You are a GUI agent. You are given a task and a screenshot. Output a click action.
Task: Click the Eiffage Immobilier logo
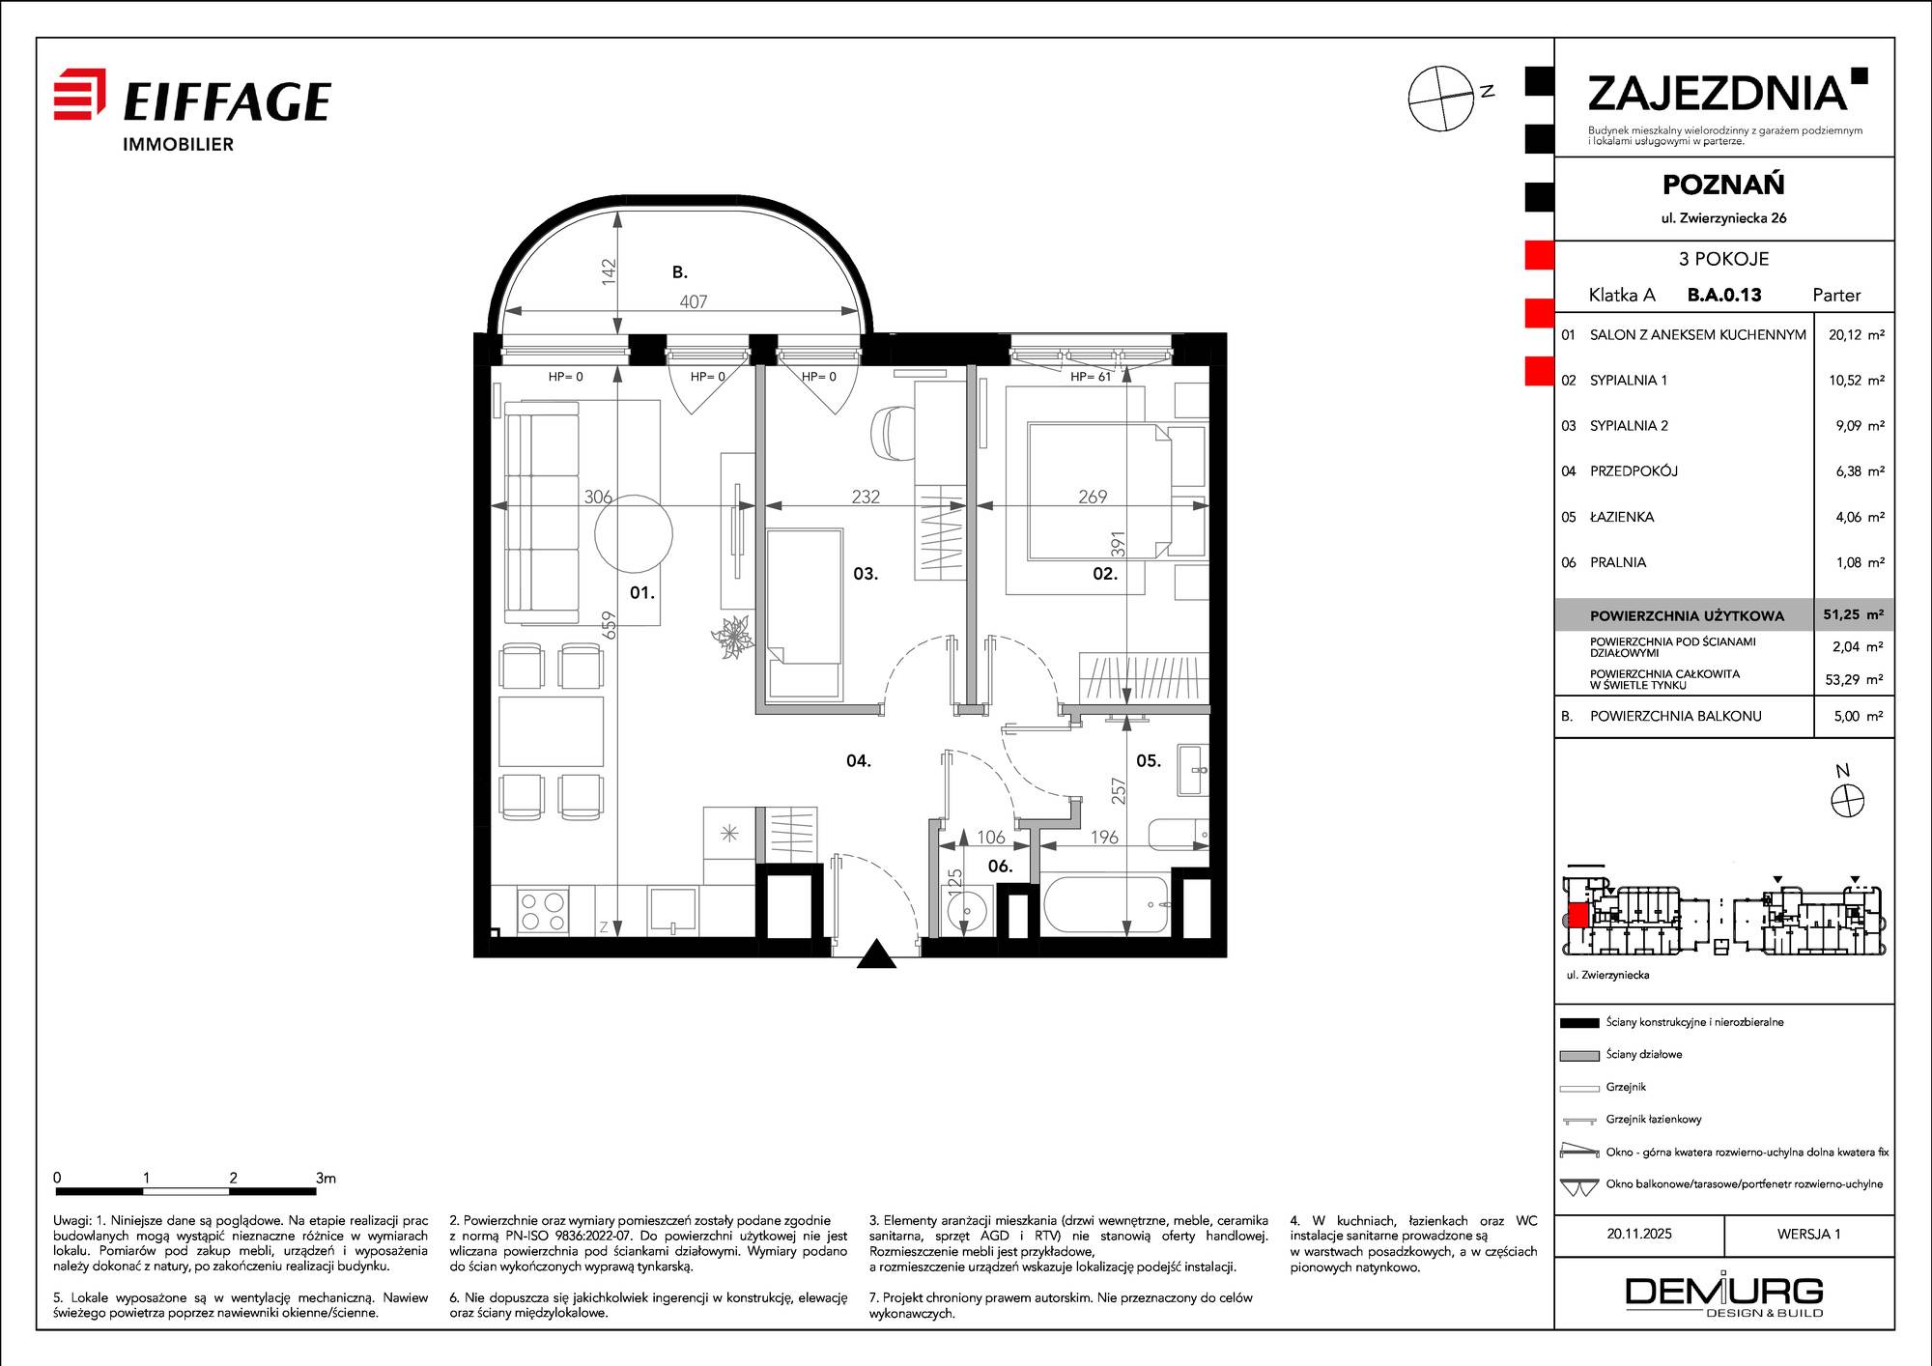(x=192, y=110)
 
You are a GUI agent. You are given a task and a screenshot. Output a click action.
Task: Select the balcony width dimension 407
(x=694, y=301)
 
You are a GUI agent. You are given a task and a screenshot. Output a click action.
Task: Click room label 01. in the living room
(x=642, y=592)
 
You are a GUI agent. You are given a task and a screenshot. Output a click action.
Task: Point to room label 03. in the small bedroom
(x=866, y=574)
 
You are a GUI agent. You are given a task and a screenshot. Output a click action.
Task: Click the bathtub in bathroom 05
(x=1105, y=904)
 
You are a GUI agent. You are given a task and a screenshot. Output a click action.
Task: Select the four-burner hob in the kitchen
(x=542, y=911)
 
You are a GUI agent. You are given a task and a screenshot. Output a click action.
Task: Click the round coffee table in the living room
(x=633, y=534)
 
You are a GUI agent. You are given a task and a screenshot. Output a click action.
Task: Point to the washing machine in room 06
(x=966, y=910)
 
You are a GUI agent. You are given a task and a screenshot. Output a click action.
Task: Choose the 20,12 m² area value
(x=1856, y=335)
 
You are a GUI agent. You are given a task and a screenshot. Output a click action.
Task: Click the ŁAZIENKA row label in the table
(x=1622, y=517)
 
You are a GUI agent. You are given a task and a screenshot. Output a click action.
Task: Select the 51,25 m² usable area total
(x=1854, y=614)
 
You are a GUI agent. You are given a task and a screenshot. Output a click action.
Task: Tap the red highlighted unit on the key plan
(x=1577, y=915)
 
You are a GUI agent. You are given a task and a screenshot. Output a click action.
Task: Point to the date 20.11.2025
(x=1639, y=1234)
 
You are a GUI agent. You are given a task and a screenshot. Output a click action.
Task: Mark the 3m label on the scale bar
(x=326, y=1178)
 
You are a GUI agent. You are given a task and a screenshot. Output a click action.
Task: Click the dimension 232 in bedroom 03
(x=866, y=497)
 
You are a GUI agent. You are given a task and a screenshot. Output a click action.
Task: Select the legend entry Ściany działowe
(x=1644, y=1054)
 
